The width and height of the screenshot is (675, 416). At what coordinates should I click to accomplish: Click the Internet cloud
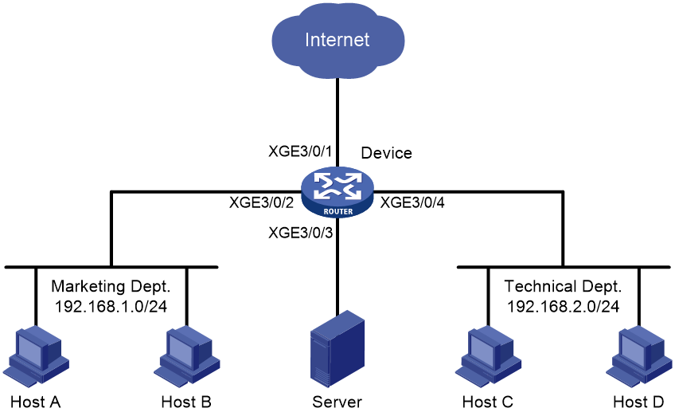click(338, 40)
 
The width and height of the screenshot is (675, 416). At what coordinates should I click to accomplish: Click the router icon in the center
click(337, 192)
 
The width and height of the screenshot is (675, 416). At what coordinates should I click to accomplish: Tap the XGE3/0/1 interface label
click(300, 151)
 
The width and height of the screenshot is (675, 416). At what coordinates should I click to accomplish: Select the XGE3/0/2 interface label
click(261, 202)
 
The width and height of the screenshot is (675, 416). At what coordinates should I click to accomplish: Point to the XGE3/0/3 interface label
click(300, 233)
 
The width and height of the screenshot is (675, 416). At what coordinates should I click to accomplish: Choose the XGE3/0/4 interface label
click(412, 202)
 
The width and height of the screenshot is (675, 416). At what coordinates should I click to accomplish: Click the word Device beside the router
click(386, 153)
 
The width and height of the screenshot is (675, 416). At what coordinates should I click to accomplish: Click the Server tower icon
click(337, 348)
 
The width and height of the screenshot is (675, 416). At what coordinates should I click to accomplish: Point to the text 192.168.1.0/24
click(111, 307)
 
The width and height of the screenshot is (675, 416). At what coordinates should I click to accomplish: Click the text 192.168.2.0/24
click(563, 307)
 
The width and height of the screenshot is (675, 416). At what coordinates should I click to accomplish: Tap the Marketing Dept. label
click(111, 286)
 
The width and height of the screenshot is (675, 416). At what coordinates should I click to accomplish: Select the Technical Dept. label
click(563, 286)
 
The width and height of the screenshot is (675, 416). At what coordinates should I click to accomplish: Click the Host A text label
click(36, 402)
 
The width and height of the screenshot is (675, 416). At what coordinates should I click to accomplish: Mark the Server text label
click(337, 402)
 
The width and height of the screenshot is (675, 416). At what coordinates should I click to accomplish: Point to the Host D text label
click(638, 402)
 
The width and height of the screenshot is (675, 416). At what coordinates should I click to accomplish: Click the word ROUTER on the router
click(338, 211)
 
